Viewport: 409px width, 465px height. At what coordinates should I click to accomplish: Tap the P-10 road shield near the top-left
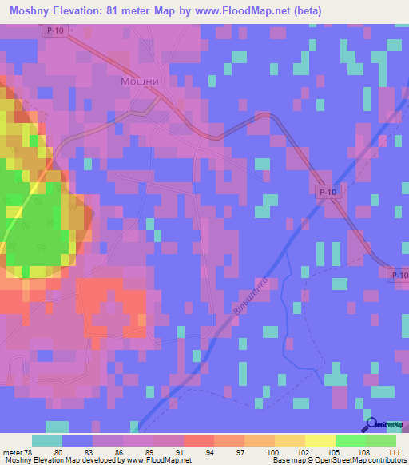[54, 30]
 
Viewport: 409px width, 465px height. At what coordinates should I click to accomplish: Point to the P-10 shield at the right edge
[399, 275]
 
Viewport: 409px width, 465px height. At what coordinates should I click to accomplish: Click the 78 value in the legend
[26, 451]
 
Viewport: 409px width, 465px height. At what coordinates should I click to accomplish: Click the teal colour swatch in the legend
[47, 440]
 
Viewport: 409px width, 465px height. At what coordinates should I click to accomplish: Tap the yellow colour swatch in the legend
[320, 440]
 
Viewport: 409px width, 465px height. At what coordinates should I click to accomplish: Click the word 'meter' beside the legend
[11, 451]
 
